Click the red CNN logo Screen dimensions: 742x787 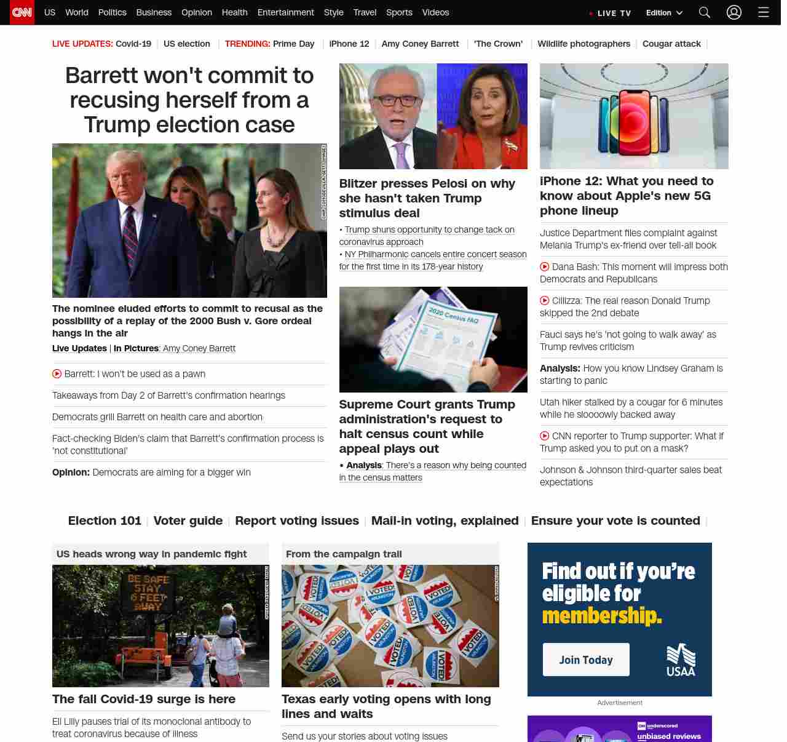click(22, 12)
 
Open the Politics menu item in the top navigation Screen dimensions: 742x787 click(112, 12)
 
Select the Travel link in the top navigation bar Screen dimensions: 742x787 click(365, 12)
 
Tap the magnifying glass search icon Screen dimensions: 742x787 click(705, 12)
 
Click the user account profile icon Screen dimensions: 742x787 click(734, 12)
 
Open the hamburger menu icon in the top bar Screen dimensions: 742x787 click(764, 12)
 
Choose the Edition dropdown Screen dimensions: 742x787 click(664, 13)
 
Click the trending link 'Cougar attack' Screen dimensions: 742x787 click(671, 44)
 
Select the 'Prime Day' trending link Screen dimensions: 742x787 click(293, 44)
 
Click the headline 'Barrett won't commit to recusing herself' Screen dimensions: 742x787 click(189, 100)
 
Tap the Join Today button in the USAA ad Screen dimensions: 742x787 click(586, 660)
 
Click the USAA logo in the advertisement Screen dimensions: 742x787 click(681, 660)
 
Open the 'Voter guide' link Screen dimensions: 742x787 click(188, 521)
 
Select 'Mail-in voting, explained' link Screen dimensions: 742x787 click(445, 521)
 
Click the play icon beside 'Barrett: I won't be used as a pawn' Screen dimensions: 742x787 click(57, 373)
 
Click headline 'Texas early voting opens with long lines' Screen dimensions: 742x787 click(386, 706)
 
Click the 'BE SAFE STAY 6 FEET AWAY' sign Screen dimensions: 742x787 click(148, 592)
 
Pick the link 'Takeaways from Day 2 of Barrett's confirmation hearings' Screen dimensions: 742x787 click(168, 396)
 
